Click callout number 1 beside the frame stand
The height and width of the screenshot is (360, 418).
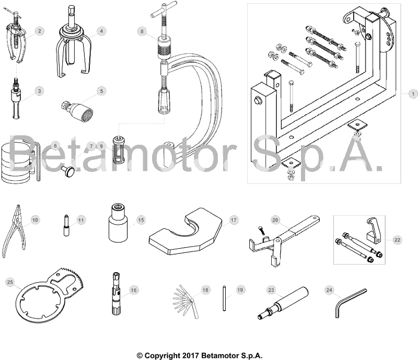pyautogui.click(x=412, y=94)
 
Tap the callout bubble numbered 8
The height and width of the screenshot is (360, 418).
pyautogui.click(x=141, y=31)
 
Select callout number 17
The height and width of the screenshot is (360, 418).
pyautogui.click(x=234, y=220)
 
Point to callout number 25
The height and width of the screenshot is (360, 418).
pyautogui.click(x=9, y=282)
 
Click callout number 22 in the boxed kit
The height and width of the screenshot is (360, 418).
pyautogui.click(x=397, y=239)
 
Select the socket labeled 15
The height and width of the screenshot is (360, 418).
pyautogui.click(x=118, y=224)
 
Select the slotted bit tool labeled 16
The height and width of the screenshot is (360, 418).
pyautogui.click(x=117, y=296)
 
